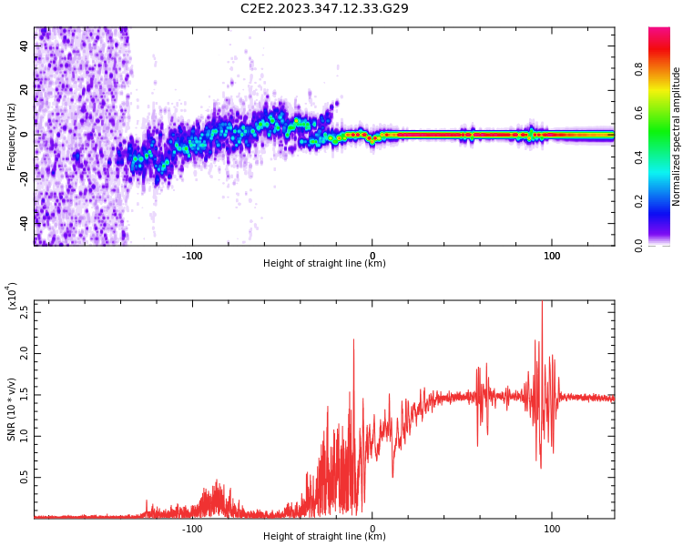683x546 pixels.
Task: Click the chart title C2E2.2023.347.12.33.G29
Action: point(324,9)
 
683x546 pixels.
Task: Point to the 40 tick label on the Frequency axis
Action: point(25,45)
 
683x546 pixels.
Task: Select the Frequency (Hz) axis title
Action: point(12,136)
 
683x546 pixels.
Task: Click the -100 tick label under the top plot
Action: point(191,256)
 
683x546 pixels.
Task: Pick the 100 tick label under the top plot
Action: point(552,256)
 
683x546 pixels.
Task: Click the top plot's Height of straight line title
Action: point(324,264)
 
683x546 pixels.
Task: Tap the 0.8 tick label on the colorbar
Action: point(665,67)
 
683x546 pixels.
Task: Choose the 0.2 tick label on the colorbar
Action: point(665,201)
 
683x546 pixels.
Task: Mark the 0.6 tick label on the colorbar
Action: point(665,112)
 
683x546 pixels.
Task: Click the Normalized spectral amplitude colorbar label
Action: point(677,136)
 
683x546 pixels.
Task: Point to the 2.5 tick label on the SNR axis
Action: point(25,311)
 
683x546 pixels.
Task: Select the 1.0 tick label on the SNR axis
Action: point(25,435)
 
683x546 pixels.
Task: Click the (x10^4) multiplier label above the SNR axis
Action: point(12,296)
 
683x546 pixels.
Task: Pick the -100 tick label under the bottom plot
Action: point(191,529)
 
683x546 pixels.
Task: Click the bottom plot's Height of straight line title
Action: point(324,537)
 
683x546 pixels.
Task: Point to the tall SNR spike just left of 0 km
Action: point(353,340)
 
